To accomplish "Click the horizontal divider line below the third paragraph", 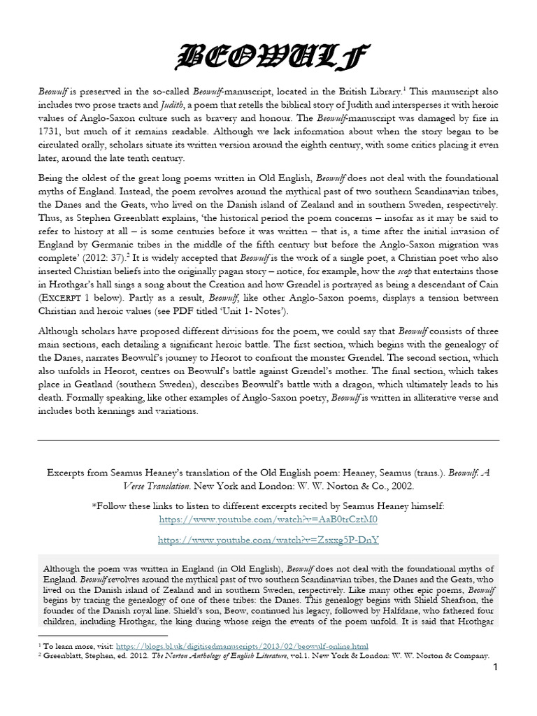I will (268, 439).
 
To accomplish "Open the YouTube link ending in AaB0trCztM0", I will (268, 520).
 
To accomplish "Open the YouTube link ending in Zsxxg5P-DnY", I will (268, 540).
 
